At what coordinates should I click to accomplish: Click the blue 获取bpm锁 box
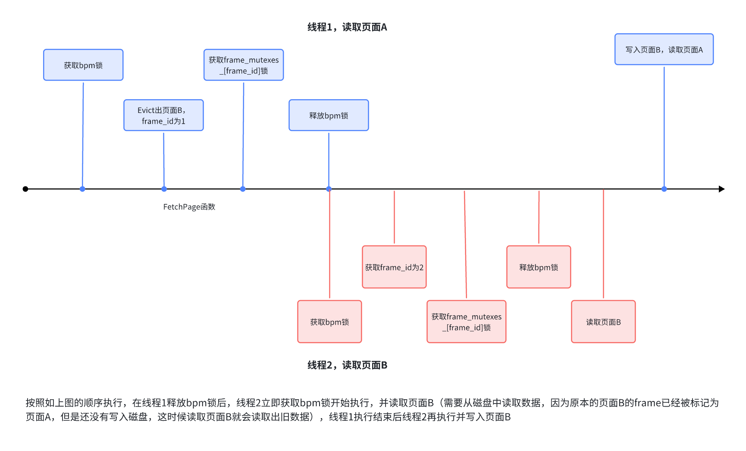click(83, 65)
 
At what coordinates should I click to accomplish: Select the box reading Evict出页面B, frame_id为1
click(163, 116)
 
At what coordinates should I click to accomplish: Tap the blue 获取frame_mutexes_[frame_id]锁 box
click(244, 65)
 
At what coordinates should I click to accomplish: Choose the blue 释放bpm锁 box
click(329, 116)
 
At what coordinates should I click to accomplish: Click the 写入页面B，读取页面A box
click(664, 50)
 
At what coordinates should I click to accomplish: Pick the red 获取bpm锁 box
click(329, 322)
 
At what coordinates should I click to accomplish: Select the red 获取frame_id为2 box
click(394, 267)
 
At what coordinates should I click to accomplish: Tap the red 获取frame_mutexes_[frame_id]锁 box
click(466, 322)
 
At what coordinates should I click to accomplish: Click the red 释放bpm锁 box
click(539, 267)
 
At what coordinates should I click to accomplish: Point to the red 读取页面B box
click(603, 322)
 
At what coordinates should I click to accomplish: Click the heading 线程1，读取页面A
click(347, 27)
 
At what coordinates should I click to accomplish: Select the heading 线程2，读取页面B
click(347, 365)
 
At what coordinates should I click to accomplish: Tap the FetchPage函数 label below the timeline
click(189, 207)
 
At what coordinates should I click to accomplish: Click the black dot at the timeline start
click(25, 189)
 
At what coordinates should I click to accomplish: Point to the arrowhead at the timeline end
click(721, 189)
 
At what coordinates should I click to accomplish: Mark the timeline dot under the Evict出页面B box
click(164, 189)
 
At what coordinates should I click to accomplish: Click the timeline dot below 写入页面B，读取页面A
click(664, 189)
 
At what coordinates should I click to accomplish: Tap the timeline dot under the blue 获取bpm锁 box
click(82, 189)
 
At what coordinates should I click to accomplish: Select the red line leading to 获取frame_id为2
click(394, 217)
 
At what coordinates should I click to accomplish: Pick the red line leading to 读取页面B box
click(603, 244)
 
